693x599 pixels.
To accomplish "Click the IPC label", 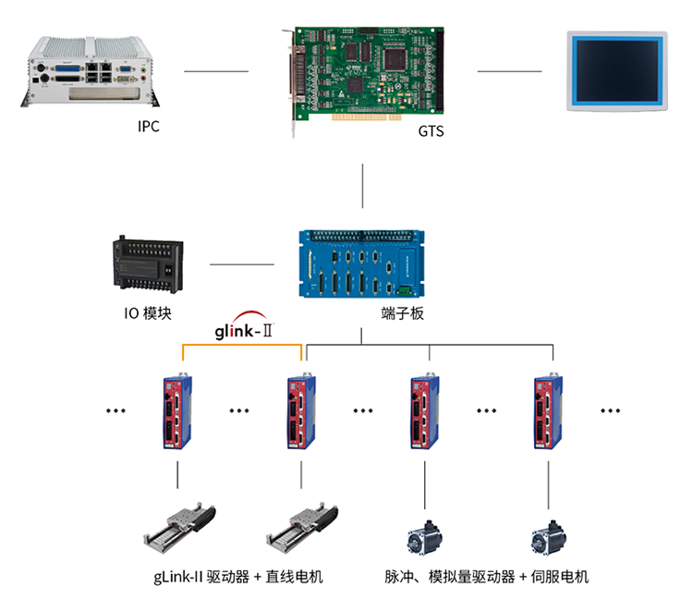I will (148, 127).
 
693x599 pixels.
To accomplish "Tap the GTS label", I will (431, 131).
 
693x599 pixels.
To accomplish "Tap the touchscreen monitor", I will (616, 71).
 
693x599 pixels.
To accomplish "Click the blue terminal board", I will (364, 263).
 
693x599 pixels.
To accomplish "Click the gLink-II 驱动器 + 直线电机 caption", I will (238, 577).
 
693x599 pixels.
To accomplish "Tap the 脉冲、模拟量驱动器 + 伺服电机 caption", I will (486, 577).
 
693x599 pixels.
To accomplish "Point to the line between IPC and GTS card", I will (216, 71).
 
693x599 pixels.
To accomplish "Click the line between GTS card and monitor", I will (509, 71).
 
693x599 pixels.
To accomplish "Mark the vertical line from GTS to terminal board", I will (364, 188).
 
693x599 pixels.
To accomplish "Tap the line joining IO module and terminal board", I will (242, 264).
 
